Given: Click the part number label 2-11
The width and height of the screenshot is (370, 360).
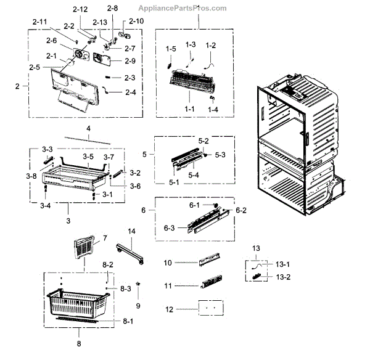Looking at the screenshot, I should click(39, 22).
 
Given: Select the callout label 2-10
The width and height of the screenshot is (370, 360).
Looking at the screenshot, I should click(136, 22).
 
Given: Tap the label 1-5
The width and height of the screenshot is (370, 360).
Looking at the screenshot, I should click(170, 48).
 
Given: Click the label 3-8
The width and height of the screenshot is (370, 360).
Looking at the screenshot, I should click(31, 176).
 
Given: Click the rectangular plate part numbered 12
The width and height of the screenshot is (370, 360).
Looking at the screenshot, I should click(210, 308).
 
